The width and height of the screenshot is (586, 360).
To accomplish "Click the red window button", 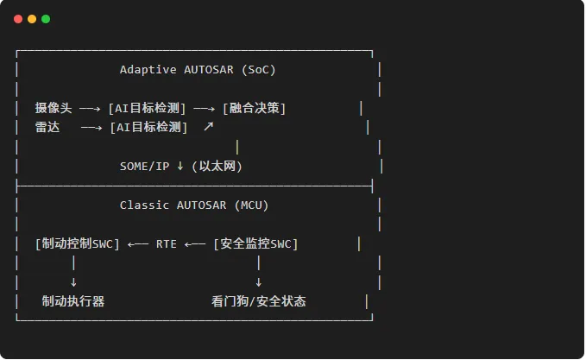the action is click(x=18, y=19).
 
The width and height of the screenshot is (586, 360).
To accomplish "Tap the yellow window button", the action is click(x=32, y=19).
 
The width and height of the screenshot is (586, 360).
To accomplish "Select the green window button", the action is click(x=46, y=19).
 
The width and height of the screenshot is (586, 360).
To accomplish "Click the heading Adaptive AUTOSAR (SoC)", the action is click(x=198, y=70).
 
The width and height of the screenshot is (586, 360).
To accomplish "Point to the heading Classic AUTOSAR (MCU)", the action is click(x=194, y=205).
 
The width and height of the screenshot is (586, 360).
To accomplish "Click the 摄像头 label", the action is click(x=54, y=108).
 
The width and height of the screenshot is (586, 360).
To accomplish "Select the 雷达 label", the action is click(x=47, y=127).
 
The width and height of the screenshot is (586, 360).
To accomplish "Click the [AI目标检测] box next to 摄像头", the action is click(x=147, y=108).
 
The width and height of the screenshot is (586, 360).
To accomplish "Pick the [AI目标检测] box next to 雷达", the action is click(x=148, y=127).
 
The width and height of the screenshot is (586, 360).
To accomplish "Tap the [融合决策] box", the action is click(x=254, y=108).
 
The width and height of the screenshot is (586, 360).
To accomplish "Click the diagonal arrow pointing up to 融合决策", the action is click(x=209, y=126).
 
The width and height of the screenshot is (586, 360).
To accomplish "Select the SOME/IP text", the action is click(x=144, y=167).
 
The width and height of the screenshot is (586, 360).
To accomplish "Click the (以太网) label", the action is click(x=217, y=167).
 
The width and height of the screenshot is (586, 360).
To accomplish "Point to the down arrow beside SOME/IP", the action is click(x=180, y=166).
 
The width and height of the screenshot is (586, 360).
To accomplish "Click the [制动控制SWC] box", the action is click(x=78, y=243).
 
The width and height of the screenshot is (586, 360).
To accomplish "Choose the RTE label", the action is click(x=167, y=244).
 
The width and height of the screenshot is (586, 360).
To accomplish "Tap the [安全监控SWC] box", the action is click(x=255, y=243).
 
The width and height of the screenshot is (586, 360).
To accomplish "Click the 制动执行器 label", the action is click(x=73, y=301).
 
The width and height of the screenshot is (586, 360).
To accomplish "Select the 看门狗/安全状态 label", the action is click(x=259, y=301).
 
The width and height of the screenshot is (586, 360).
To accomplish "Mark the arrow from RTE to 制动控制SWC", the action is click(x=138, y=244).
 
